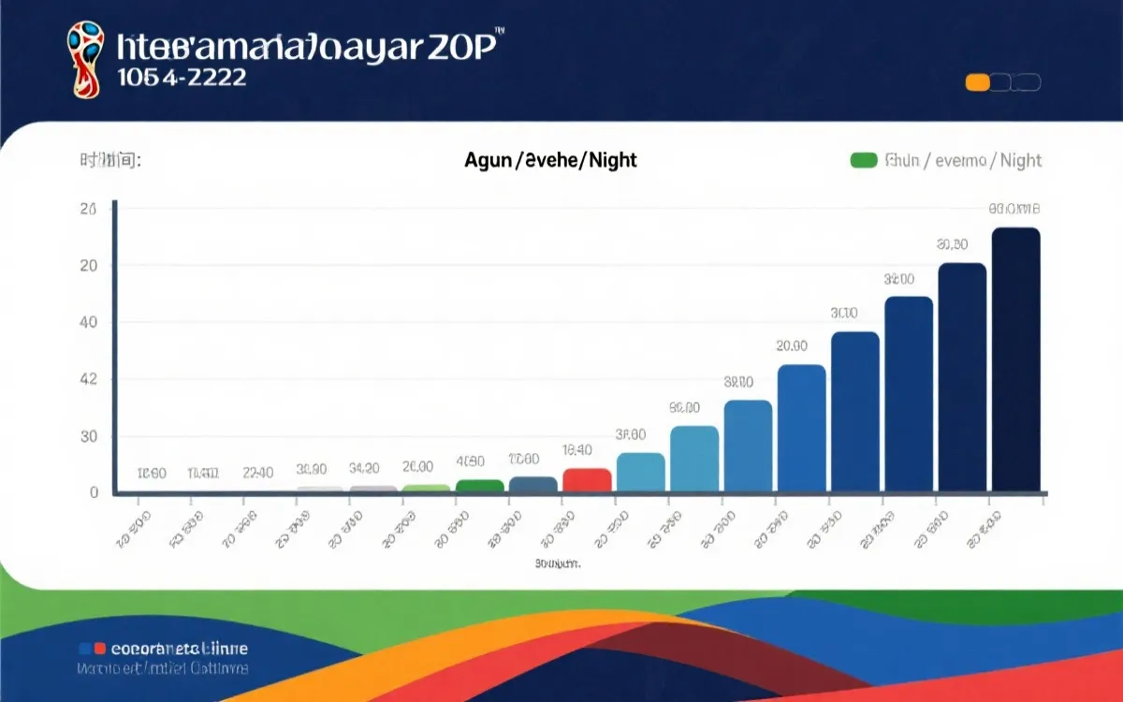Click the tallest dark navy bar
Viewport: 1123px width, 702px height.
[x=1015, y=359]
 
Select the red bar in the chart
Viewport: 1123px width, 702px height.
[x=587, y=479]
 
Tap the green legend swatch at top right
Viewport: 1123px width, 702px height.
[x=863, y=161]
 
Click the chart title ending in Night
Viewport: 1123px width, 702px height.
[x=550, y=161]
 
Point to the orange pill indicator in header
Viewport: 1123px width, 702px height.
[x=977, y=82]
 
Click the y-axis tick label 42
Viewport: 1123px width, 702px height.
[x=88, y=380]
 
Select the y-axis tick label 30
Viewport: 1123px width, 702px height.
[x=88, y=437]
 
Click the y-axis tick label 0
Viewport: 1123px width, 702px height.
[x=94, y=492]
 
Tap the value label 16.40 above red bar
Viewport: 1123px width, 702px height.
[x=576, y=450]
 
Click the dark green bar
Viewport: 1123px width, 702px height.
[x=480, y=485]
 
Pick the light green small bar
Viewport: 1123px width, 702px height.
[x=427, y=488]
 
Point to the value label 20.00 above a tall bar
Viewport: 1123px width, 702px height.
[x=792, y=346]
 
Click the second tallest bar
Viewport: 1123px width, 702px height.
[x=962, y=376]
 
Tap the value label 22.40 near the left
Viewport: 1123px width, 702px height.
[x=257, y=473]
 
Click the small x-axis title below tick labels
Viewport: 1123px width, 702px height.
[x=558, y=564]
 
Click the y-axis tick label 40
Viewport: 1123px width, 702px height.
[x=88, y=323]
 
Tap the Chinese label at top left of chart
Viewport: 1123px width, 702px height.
[x=109, y=161]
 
